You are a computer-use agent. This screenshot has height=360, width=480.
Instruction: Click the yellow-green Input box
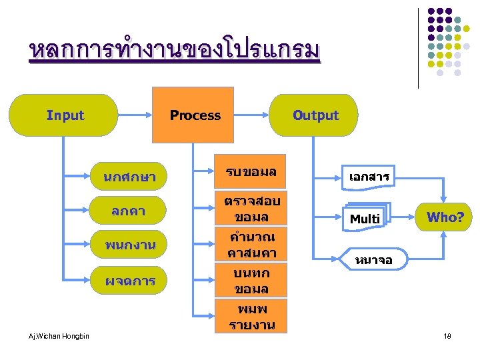(x=65, y=115)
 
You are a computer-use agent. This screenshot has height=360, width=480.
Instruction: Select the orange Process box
(x=195, y=115)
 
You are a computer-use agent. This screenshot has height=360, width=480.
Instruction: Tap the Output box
(x=315, y=115)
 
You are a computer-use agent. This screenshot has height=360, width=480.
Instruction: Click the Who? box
(x=445, y=217)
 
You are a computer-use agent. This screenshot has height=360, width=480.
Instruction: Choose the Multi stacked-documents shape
(x=365, y=217)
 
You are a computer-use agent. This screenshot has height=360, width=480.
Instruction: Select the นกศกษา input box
(x=129, y=178)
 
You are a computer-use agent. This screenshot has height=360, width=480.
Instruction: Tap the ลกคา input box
(x=129, y=211)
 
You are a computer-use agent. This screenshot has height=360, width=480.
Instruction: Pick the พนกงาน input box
(x=129, y=245)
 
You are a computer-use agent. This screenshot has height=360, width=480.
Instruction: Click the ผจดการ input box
(x=129, y=281)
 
